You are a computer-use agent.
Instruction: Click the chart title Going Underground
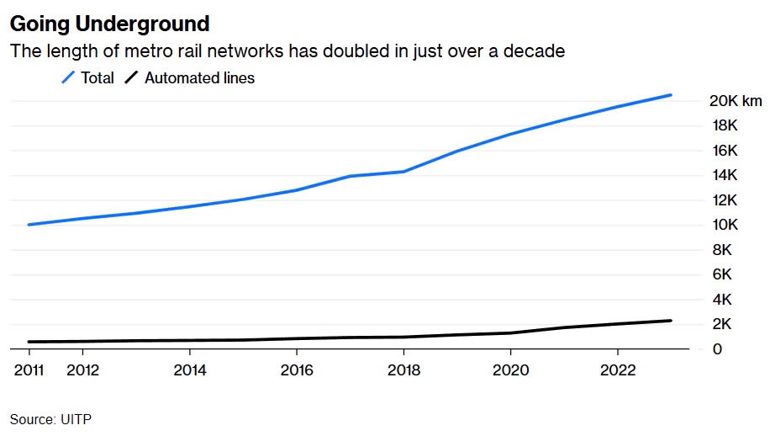[x=109, y=23]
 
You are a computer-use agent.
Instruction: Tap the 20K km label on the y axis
[x=736, y=101]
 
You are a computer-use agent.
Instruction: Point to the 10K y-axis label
[x=725, y=225]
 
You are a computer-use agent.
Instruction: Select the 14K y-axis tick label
[x=725, y=175]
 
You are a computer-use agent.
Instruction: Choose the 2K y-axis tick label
[x=721, y=324]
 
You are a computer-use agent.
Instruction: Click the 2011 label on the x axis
[x=29, y=370]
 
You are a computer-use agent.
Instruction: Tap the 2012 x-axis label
[x=82, y=370]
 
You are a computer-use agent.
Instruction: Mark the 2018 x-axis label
[x=403, y=370]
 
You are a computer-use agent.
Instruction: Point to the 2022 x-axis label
[x=618, y=370]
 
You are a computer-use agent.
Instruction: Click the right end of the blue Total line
[x=671, y=95]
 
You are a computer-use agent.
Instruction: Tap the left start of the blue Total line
[x=29, y=225]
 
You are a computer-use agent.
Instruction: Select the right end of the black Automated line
[x=671, y=321]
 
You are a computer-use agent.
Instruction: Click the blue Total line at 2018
[x=403, y=172]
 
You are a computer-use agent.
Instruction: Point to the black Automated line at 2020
[x=510, y=332]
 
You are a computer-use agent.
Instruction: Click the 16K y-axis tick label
[x=725, y=151]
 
